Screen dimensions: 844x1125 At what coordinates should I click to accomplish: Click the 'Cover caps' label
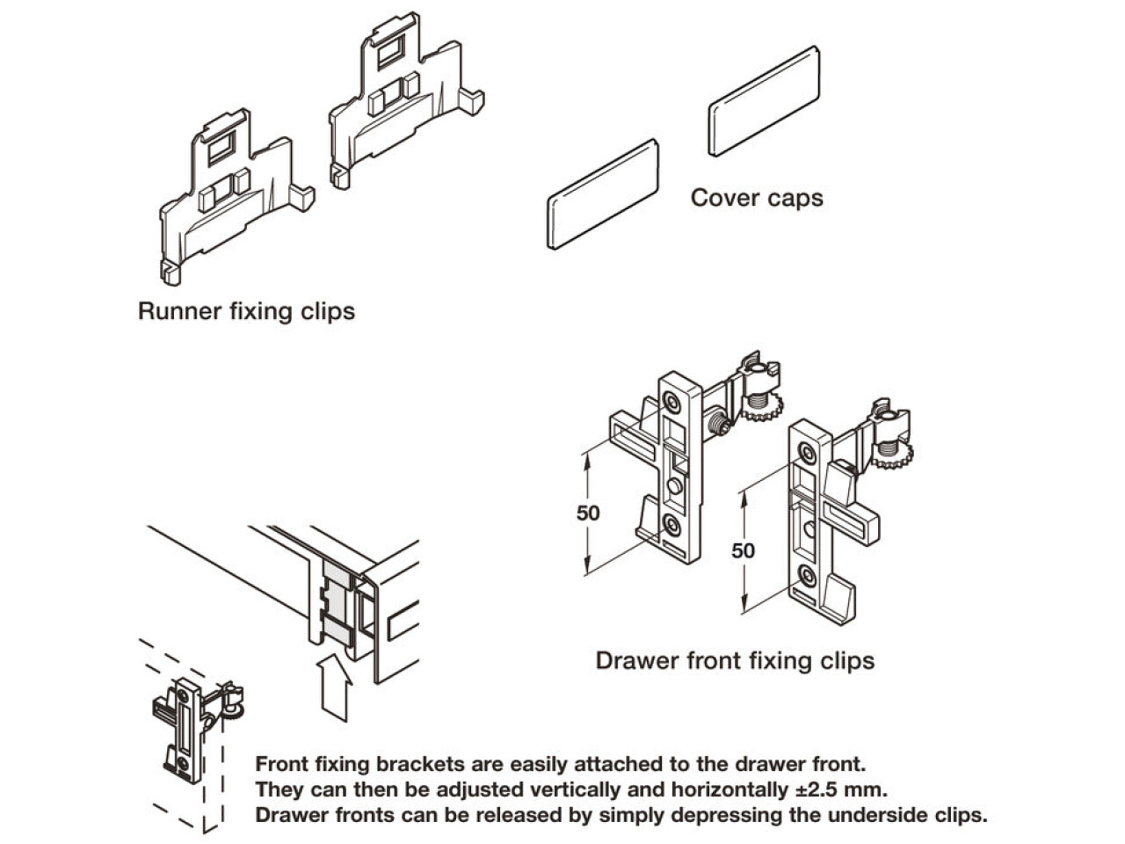point(757,198)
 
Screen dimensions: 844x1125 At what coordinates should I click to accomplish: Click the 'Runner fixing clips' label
point(246,311)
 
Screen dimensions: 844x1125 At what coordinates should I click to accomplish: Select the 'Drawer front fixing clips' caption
point(735,660)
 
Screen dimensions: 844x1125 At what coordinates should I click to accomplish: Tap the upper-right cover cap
point(764,101)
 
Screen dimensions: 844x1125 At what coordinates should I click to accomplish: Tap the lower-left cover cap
point(603,193)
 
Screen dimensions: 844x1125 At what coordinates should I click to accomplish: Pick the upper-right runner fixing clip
point(404,101)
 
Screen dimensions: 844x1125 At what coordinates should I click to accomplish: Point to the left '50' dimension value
point(588,513)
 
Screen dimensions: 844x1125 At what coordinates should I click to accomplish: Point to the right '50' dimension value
point(744,550)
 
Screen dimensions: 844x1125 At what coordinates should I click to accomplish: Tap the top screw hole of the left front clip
point(671,403)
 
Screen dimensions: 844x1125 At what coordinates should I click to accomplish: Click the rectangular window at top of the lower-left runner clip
point(220,147)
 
